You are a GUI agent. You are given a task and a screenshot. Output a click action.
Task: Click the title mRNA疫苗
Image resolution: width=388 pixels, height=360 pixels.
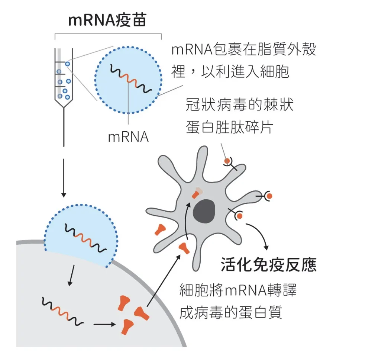pyautogui.click(x=107, y=20)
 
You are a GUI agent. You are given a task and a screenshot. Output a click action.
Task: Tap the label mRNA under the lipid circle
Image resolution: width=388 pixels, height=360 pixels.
pyautogui.click(x=128, y=137)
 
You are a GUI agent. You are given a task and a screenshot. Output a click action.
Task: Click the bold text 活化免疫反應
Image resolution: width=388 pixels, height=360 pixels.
pyautogui.click(x=268, y=264)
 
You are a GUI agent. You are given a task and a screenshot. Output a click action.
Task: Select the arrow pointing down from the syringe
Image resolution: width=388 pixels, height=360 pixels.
pyautogui.click(x=64, y=178)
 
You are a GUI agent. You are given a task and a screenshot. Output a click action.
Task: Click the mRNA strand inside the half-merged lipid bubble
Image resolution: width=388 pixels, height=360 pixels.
pyautogui.click(x=85, y=238)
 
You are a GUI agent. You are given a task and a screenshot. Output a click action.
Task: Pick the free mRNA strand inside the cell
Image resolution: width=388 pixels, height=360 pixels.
pyautogui.click(x=62, y=311)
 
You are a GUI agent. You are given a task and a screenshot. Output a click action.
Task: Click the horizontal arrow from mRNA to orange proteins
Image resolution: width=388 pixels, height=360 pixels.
pyautogui.click(x=104, y=324)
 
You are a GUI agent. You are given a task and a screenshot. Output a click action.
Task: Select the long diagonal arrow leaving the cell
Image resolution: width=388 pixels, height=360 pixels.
pyautogui.click(x=164, y=281)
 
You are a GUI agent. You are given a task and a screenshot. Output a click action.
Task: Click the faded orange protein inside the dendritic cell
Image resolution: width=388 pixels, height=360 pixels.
pyautogui.click(x=197, y=193)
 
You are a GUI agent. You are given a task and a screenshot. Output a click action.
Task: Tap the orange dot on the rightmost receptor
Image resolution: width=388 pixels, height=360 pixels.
pyautogui.click(x=269, y=196)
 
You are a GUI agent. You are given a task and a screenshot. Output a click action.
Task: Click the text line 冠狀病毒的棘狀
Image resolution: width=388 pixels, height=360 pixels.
pyautogui.click(x=240, y=105)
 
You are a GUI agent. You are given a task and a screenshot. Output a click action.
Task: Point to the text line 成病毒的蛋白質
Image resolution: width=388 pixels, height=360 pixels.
pyautogui.click(x=231, y=312)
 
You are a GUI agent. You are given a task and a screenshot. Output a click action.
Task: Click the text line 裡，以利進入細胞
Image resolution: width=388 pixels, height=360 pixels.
pyautogui.click(x=230, y=72)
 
